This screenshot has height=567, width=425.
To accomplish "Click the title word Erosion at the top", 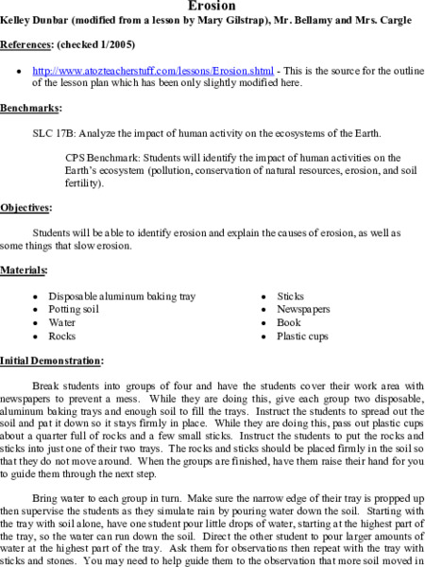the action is point(212,5).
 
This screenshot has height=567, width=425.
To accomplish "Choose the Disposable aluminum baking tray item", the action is point(122,296).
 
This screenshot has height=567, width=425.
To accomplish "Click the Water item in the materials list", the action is point(63,322).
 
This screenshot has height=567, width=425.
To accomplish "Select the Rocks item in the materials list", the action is point(62,335).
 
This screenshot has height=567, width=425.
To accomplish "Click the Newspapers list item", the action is point(302,309).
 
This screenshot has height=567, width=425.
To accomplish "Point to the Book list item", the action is point(288,322).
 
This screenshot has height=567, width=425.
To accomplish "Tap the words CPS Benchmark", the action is point(103,156).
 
